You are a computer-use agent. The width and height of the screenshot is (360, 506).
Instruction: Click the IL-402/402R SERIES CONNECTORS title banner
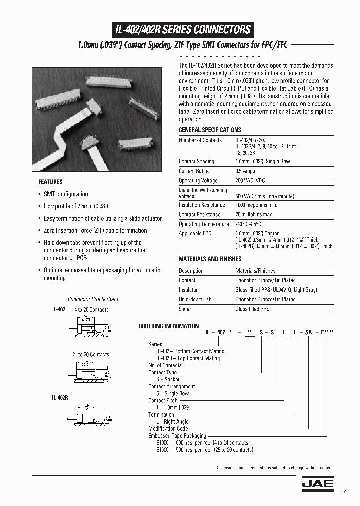(x=183, y=29)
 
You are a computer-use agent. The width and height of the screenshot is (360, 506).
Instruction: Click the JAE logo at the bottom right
(x=314, y=484)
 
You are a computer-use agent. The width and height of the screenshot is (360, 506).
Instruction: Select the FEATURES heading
(x=50, y=182)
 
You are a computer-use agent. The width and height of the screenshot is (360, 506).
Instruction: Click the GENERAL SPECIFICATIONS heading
(x=210, y=130)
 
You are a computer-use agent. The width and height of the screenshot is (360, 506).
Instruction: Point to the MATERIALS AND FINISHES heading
(x=210, y=259)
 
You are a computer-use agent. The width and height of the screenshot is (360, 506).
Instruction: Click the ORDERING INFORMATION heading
(x=168, y=326)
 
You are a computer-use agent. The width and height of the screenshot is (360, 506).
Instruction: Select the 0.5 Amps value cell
(x=245, y=171)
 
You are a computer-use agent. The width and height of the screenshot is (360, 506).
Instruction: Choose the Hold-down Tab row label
(x=195, y=299)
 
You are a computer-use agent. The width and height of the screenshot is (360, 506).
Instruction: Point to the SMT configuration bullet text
(x=66, y=194)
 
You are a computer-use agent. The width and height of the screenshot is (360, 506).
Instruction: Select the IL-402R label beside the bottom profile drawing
(x=59, y=398)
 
